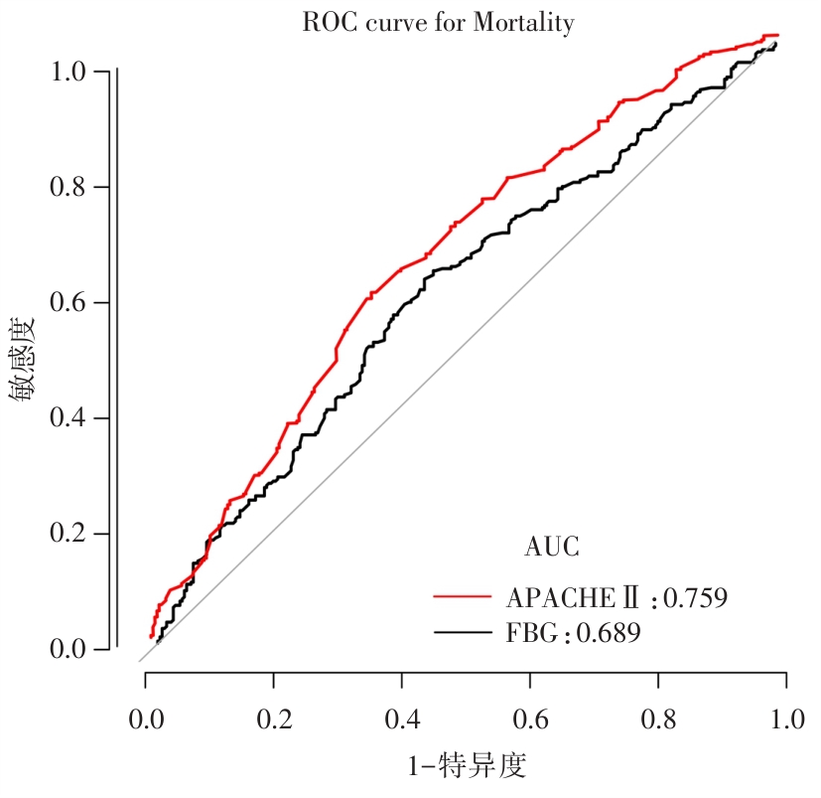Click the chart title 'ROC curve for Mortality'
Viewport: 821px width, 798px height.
coord(438,23)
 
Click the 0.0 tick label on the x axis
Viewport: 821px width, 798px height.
coord(146,718)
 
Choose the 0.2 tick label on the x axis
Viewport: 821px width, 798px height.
coord(274,718)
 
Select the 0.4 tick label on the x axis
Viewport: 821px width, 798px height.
coord(402,718)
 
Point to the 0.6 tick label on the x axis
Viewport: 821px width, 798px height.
coord(530,718)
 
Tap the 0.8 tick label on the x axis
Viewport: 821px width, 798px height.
coord(658,718)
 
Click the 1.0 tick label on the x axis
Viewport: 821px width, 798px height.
coord(786,718)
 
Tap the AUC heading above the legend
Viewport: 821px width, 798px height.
coord(551,547)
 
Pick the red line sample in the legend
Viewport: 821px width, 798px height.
coord(463,597)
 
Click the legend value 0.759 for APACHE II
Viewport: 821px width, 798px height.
coord(695,598)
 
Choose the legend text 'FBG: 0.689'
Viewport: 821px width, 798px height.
coord(573,632)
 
